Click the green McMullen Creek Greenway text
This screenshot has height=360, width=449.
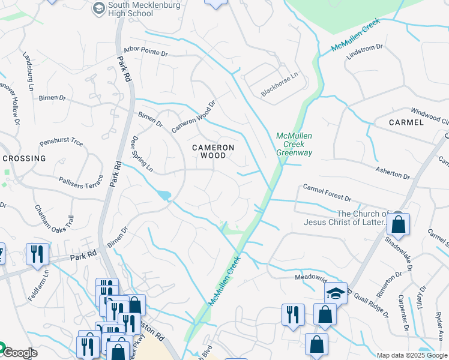294,145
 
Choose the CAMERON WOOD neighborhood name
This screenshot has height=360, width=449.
213,151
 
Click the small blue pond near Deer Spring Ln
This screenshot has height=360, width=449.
163,195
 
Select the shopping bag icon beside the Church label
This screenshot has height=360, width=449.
398,225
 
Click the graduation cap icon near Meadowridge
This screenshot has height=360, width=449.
336,293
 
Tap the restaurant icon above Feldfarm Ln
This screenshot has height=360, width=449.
37,254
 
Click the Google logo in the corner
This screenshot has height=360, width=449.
19,352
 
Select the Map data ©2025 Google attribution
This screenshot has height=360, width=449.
412,355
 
